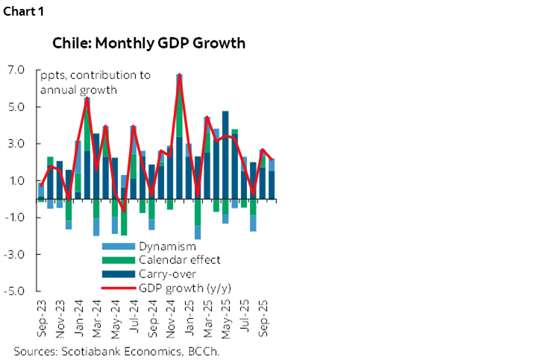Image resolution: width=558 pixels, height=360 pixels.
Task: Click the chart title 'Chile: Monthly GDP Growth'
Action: pos(148,42)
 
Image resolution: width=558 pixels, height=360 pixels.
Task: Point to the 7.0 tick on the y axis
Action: pos(17,71)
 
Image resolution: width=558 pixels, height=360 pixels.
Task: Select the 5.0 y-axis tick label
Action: pos(17,107)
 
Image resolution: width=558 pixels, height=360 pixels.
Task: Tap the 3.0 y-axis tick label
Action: pos(17,144)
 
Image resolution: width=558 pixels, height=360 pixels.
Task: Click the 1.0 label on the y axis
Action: pos(17,181)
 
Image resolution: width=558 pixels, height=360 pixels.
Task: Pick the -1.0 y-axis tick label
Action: pos(16,218)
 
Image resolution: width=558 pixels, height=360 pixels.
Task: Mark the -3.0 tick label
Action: pos(16,254)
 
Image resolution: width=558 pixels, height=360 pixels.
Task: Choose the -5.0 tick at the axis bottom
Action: pos(16,291)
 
